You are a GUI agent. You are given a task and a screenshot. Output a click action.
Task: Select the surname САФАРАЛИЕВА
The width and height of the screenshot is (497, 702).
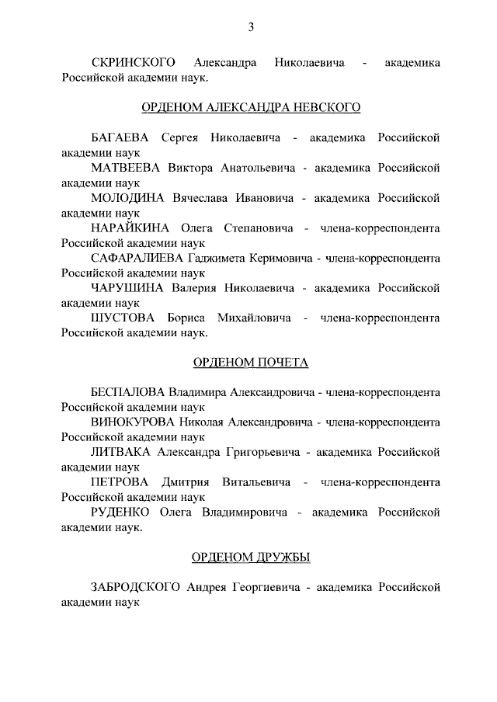(137, 258)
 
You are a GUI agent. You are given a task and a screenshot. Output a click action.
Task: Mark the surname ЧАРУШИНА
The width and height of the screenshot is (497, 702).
(127, 287)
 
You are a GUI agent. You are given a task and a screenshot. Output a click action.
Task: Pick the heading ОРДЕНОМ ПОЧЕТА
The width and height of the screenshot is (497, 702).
(250, 363)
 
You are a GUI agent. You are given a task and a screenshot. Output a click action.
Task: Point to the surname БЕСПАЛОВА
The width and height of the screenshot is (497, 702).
(128, 393)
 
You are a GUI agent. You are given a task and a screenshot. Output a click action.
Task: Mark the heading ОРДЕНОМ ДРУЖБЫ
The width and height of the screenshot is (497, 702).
(250, 558)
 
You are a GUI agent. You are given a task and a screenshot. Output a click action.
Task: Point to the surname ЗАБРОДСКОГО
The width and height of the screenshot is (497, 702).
(135, 588)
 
